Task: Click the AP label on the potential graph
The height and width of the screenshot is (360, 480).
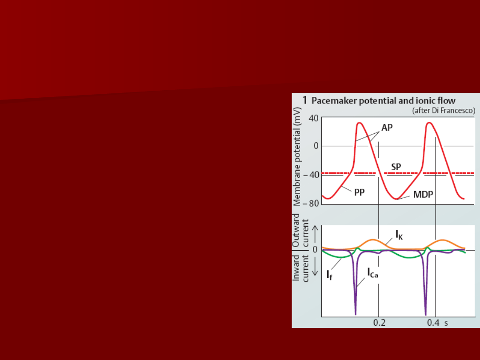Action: [387, 128]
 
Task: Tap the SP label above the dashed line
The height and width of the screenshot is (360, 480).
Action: [396, 167]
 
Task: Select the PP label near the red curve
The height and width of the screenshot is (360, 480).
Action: [360, 192]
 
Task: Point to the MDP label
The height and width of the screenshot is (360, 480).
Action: [423, 194]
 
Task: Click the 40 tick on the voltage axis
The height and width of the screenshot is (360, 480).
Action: [313, 118]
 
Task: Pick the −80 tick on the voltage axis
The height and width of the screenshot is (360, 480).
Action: [311, 203]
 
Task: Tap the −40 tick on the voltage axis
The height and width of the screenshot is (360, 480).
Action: [311, 175]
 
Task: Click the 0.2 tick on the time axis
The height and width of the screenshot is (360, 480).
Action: [379, 323]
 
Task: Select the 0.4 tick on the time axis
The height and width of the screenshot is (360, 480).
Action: [433, 323]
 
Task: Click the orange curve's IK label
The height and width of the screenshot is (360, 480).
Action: [399, 235]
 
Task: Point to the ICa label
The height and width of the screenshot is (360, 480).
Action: [372, 273]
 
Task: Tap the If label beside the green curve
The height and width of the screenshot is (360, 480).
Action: [329, 275]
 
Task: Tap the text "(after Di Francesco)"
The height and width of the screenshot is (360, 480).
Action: [444, 111]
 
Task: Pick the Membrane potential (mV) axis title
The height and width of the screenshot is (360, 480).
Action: [296, 156]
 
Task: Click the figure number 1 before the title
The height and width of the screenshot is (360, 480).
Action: [304, 100]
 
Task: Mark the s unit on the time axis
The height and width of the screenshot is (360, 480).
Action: [446, 323]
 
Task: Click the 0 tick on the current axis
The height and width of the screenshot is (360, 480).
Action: [315, 249]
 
